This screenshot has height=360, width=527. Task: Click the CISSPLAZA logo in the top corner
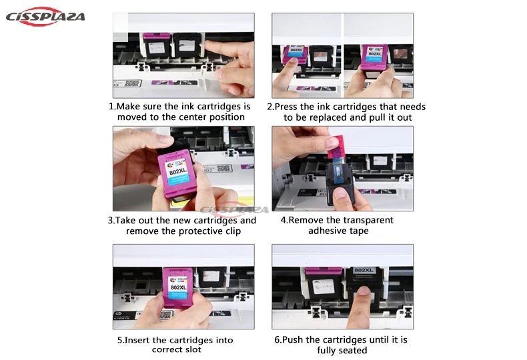(45, 17)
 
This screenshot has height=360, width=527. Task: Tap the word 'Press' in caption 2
(286, 107)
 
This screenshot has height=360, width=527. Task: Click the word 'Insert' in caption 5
(137, 340)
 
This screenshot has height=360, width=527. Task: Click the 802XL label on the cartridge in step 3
(178, 171)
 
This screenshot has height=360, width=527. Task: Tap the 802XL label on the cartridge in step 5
(179, 287)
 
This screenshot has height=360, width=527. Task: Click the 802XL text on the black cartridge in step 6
(364, 270)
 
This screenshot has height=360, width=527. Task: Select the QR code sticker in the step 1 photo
(133, 83)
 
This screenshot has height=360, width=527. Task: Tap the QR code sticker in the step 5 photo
(165, 315)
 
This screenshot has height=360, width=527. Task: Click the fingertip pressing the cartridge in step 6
(363, 291)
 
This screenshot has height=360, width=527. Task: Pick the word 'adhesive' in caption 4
(322, 231)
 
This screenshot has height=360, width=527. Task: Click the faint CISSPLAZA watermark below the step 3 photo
(234, 210)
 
